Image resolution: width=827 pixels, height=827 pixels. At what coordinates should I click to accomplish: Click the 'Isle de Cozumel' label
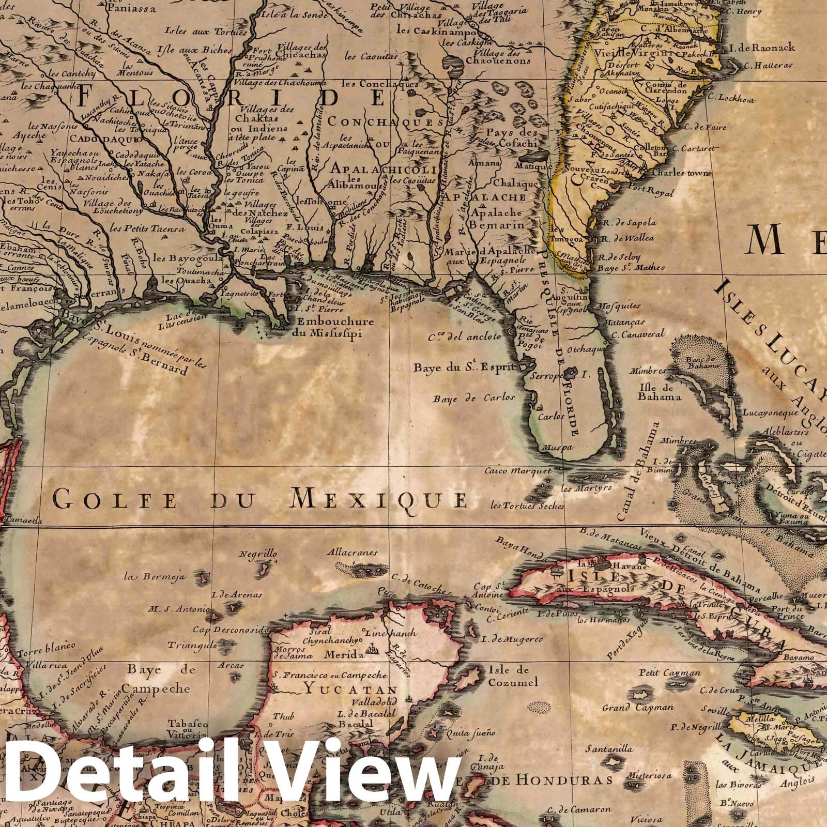[509, 677]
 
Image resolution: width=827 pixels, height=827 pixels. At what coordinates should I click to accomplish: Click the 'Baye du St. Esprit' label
[464, 368]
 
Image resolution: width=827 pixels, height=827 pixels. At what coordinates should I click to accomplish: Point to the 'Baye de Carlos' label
[474, 398]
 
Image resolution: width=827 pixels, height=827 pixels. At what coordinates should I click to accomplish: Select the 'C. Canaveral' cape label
[637, 334]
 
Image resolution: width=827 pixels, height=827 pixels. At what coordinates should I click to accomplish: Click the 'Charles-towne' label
[675, 173]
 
